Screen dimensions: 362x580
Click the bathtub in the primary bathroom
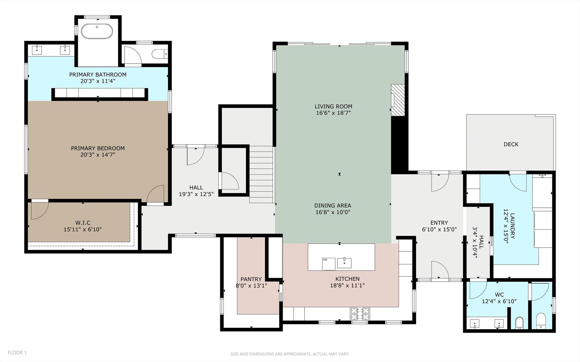click(97, 31)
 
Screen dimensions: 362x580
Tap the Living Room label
click(333, 107)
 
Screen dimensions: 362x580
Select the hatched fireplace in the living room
click(398, 100)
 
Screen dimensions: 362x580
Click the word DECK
click(511, 144)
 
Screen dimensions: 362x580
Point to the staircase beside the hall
click(261, 174)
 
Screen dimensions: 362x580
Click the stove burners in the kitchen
click(360, 314)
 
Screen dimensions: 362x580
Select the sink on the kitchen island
click(344, 263)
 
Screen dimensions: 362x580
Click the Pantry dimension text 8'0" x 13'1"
click(251, 286)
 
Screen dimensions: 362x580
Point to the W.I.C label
click(83, 223)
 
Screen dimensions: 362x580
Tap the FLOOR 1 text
click(17, 353)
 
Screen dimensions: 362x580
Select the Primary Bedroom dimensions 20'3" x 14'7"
click(98, 155)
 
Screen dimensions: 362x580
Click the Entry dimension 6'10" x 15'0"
click(439, 229)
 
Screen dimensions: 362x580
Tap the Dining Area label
click(333, 205)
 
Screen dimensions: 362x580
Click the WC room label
click(499, 295)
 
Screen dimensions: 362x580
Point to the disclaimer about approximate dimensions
click(290, 354)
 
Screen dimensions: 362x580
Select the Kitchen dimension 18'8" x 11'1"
click(347, 286)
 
